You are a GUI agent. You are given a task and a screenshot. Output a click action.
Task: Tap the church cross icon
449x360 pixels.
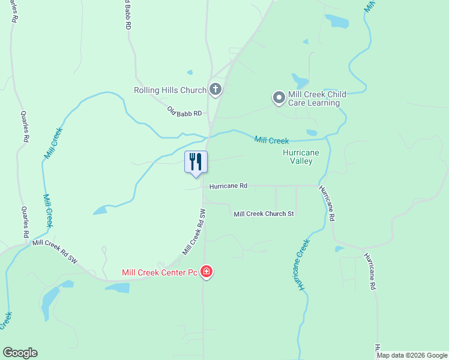pos(215,91)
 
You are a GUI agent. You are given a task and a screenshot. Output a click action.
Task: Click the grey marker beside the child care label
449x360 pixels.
pos(279,97)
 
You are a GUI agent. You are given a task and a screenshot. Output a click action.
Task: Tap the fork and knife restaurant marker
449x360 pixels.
pos(196,162)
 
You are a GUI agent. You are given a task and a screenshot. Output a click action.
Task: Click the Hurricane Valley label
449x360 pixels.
pos(301,157)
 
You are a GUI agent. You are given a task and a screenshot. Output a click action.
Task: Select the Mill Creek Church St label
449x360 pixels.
pos(264,214)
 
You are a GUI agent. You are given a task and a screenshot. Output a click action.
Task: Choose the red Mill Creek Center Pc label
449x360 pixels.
pos(160,272)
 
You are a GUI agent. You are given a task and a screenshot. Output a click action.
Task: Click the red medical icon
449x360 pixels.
pos(206,272)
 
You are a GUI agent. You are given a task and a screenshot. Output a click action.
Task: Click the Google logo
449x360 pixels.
pos(20,353)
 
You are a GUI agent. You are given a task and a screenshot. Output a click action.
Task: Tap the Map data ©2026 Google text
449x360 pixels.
pos(412,355)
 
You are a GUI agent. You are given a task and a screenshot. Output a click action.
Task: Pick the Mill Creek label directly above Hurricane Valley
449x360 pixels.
pos(271,140)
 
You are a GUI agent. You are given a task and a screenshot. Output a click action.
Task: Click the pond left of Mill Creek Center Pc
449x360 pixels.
pos(118,287)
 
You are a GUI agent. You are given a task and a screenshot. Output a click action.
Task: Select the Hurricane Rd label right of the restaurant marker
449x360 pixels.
pos(228,186)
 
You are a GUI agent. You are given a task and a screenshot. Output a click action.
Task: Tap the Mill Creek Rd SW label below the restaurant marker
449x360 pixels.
pos(194,232)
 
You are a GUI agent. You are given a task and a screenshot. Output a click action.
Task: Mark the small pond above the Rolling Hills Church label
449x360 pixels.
pos(190,73)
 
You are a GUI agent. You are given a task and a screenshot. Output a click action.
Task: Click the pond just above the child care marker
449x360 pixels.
pos(300,80)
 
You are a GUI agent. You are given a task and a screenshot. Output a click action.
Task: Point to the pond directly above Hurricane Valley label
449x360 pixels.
pos(311,133)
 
